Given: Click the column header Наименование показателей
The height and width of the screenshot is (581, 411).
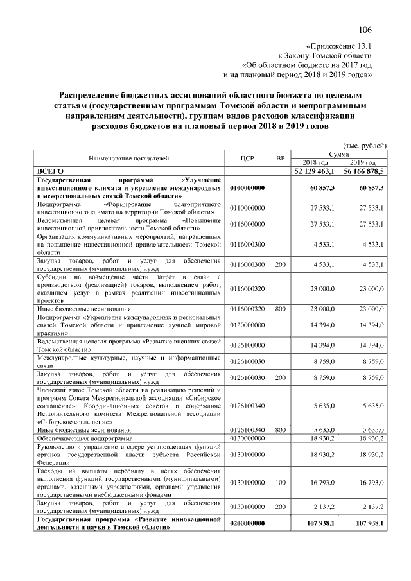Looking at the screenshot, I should pyautogui.click(x=129, y=159).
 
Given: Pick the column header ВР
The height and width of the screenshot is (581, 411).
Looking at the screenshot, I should pyautogui.click(x=280, y=159).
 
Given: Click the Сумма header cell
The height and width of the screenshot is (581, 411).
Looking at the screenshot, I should pyautogui.click(x=339, y=155).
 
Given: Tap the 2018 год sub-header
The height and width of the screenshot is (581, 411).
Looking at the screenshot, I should pyautogui.click(x=315, y=163).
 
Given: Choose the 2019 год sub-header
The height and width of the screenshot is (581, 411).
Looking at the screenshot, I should pyautogui.click(x=363, y=163).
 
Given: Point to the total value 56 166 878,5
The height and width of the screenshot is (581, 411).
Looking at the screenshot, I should pyautogui.click(x=363, y=171).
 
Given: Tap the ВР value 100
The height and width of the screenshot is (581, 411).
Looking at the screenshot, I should pyautogui.click(x=280, y=481).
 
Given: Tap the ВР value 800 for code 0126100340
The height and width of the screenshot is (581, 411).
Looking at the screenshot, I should pyautogui.click(x=280, y=430).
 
